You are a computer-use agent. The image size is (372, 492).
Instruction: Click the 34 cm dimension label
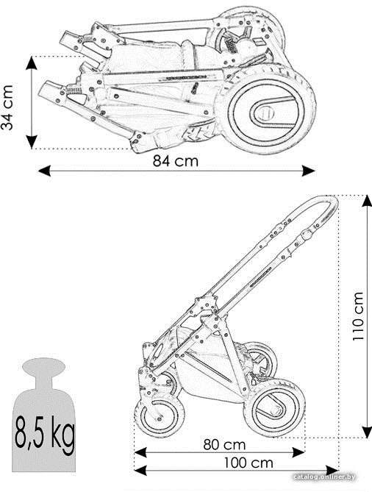[7, 107]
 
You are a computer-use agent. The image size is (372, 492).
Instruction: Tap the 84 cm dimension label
[176, 161]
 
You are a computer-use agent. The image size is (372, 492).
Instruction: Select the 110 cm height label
[357, 316]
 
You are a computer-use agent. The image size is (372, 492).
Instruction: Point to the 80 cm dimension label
[224, 445]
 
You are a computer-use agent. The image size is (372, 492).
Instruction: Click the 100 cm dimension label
[248, 463]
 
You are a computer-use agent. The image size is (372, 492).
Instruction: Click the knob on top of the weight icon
[43, 366]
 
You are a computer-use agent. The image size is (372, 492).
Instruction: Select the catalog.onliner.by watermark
[325, 477]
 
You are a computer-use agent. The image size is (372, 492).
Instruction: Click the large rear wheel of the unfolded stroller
[274, 407]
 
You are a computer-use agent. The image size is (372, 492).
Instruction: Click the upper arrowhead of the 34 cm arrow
[32, 63]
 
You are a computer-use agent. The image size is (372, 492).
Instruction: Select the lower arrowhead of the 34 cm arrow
[32, 142]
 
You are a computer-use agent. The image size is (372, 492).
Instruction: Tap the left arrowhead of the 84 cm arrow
[44, 171]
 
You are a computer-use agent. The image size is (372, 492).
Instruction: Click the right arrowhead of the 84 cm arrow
[308, 171]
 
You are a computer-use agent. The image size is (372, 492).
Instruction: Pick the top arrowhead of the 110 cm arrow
[367, 201]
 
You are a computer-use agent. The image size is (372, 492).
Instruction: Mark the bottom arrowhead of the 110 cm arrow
[367, 432]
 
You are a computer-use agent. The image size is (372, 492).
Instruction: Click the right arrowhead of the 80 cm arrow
[298, 452]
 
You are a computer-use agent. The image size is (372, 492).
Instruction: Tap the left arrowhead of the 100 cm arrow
[140, 471]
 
